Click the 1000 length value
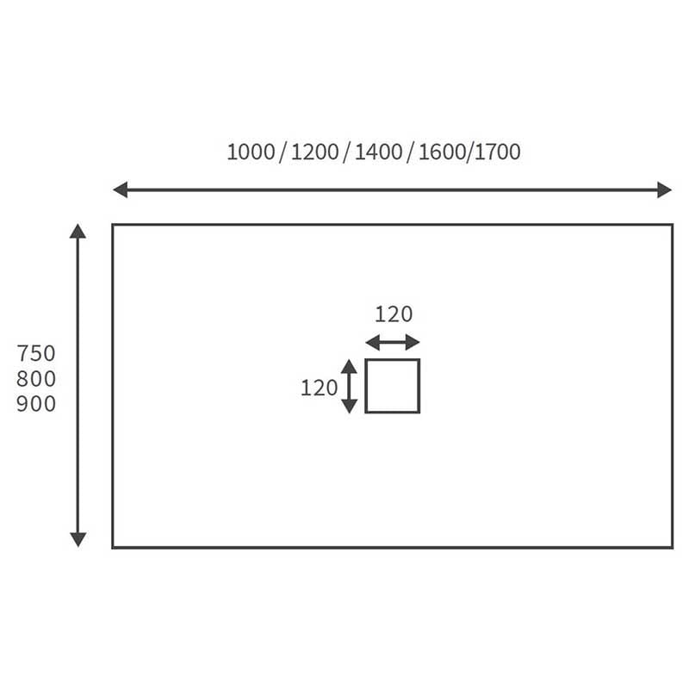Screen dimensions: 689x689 (x=251, y=152)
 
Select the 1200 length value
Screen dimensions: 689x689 (x=314, y=152)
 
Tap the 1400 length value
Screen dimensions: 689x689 (x=378, y=152)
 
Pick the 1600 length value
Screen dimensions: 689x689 (x=442, y=152)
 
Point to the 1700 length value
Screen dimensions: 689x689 (x=498, y=152)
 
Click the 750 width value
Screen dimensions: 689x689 (x=36, y=353)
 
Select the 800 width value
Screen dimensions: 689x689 (x=36, y=379)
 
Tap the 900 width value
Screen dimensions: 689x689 (x=36, y=404)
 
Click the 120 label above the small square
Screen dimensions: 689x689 (x=394, y=314)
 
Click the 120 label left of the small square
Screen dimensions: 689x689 (x=319, y=388)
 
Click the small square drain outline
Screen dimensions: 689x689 (x=393, y=386)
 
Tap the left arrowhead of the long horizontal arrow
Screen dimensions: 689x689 (x=120, y=189)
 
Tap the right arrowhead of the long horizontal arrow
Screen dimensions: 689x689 (x=665, y=189)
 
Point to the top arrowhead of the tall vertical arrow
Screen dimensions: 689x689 (x=78, y=231)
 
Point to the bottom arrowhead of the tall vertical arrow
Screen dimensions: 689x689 (x=78, y=540)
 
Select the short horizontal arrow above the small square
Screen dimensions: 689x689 (x=393, y=342)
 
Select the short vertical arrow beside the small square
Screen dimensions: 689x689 (x=349, y=386)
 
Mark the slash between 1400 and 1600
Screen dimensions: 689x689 (x=411, y=153)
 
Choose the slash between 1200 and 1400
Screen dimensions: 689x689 (x=347, y=153)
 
